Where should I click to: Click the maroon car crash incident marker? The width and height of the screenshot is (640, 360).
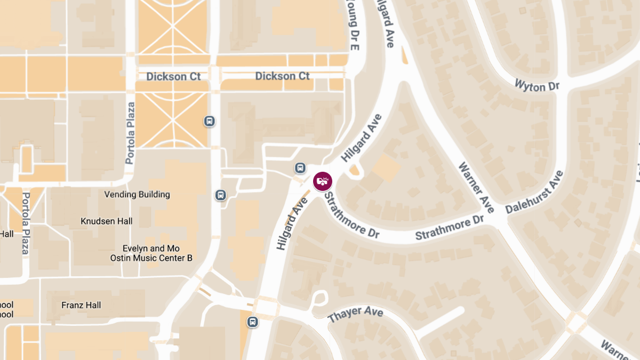tap(322, 181)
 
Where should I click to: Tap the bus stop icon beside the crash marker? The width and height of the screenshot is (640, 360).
tap(300, 169)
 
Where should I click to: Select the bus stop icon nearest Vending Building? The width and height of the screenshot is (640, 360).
tap(220, 195)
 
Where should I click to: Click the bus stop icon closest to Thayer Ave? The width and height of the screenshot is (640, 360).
tap(252, 322)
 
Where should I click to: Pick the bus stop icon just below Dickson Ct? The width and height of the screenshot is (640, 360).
tap(210, 121)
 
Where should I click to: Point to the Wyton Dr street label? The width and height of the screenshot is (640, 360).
tap(537, 85)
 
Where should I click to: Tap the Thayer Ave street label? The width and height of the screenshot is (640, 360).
tap(355, 314)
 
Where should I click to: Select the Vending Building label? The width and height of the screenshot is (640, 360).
tap(137, 195)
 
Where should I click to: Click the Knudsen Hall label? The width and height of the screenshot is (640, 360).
tap(107, 221)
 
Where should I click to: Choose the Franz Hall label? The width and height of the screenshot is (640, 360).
tap(81, 306)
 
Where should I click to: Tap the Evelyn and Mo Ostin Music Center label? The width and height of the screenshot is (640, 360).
tap(151, 253)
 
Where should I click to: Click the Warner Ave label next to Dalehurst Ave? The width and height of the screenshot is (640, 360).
tap(476, 187)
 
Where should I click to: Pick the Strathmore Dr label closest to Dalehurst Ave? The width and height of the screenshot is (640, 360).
tap(449, 227)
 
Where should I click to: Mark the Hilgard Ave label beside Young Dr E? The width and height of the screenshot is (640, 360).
tap(386, 24)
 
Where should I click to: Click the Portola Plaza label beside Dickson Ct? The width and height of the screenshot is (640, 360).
tap(131, 133)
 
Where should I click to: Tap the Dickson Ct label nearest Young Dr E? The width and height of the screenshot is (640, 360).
tap(282, 76)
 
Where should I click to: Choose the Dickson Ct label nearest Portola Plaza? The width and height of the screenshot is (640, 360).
tap(173, 77)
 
